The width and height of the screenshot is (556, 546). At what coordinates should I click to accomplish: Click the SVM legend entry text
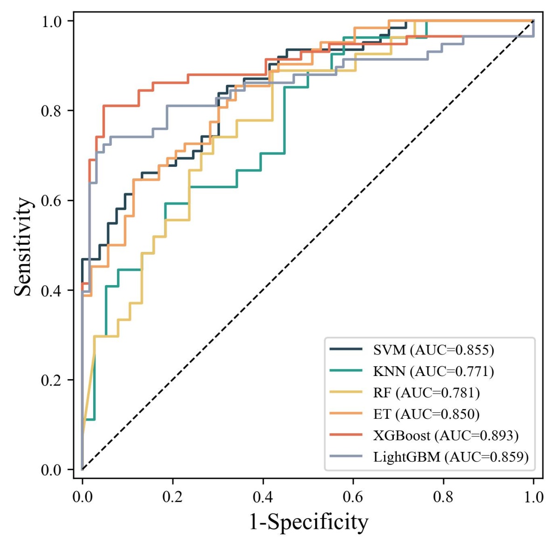point(433,349)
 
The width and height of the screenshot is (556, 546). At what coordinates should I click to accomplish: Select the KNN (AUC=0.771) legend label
point(433,371)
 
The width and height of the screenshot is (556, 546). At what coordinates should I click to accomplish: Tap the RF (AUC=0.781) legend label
point(426,393)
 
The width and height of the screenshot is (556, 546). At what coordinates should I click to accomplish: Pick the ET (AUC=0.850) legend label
point(426,414)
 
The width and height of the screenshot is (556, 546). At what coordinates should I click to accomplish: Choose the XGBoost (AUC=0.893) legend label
point(446,436)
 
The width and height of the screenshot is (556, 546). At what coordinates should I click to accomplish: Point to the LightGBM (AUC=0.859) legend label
point(451,457)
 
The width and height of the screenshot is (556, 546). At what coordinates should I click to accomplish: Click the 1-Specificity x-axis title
point(309,522)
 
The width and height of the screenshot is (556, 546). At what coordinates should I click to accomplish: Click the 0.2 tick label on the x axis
point(172,497)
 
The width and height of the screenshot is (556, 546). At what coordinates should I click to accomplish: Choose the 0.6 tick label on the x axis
point(353,497)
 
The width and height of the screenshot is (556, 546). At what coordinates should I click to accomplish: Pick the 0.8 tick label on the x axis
point(443,497)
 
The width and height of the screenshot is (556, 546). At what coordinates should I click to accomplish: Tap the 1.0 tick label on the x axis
point(533,497)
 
